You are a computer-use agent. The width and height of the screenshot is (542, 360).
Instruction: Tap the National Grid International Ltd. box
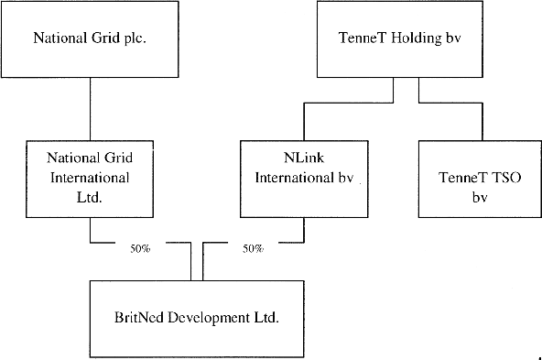[x=89, y=178]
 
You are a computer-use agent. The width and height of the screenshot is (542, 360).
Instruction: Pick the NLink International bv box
[x=303, y=178]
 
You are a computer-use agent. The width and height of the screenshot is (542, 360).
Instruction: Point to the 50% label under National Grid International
[x=140, y=248]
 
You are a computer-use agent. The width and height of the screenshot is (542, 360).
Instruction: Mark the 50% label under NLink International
[x=253, y=248]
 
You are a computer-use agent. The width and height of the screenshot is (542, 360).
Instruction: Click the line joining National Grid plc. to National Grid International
[x=89, y=108]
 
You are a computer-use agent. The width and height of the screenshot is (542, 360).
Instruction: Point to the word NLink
[x=303, y=158]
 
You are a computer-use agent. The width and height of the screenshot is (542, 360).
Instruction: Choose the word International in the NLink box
[x=295, y=178]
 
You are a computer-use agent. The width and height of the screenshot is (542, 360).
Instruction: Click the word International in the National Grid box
[x=89, y=178]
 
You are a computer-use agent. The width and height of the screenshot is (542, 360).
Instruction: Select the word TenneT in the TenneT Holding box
[x=360, y=38]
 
